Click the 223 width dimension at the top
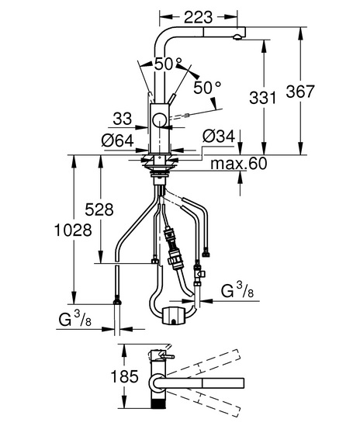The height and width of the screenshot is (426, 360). (x=199, y=17)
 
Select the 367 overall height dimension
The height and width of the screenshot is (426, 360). (x=300, y=92)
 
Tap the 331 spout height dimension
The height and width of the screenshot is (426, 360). (x=262, y=98)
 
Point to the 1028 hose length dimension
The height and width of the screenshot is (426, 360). (x=74, y=230)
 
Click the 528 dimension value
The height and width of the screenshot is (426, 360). (x=99, y=210)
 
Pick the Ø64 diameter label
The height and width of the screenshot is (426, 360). (x=118, y=141)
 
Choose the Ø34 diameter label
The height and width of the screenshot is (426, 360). (x=219, y=136)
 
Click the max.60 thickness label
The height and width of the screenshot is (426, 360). (x=239, y=164)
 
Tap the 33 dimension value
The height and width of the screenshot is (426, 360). (x=123, y=119)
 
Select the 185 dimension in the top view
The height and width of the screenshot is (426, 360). (x=124, y=377)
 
